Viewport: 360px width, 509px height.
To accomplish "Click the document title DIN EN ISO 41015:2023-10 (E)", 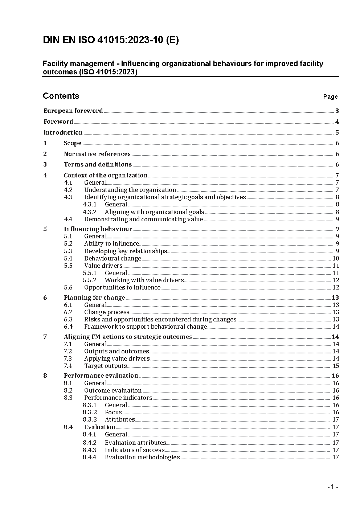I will tap(111, 40).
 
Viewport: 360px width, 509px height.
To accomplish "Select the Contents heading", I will tap(61, 96).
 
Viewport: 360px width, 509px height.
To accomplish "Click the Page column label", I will tap(330, 97).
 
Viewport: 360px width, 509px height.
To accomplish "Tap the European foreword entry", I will tap(73, 111).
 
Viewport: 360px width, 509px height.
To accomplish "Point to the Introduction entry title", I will tap(63, 132).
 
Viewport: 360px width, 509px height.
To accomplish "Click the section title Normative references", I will tap(97, 154).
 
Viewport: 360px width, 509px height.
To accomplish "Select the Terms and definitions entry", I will tap(98, 164).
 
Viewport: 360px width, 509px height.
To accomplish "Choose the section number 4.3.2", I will tap(90, 212).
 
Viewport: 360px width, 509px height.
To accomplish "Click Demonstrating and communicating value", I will tap(143, 219).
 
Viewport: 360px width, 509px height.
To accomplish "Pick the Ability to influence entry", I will tap(111, 243).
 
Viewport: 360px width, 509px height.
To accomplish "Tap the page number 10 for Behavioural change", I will tap(336, 258).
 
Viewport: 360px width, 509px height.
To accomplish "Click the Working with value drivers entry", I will tap(144, 280).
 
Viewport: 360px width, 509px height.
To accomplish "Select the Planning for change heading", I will tap(94, 297).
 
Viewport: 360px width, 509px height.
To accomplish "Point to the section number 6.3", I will tap(68, 319).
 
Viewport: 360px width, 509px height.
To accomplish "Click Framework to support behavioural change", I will tap(145, 327).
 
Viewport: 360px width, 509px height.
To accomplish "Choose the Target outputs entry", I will tap(105, 366).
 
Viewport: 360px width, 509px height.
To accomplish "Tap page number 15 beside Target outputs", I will tap(336, 366).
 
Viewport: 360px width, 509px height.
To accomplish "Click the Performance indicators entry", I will tap(118, 398).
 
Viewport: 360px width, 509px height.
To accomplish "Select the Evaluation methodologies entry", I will tap(142, 457).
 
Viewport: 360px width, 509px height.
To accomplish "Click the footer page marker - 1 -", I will tap(332, 487).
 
